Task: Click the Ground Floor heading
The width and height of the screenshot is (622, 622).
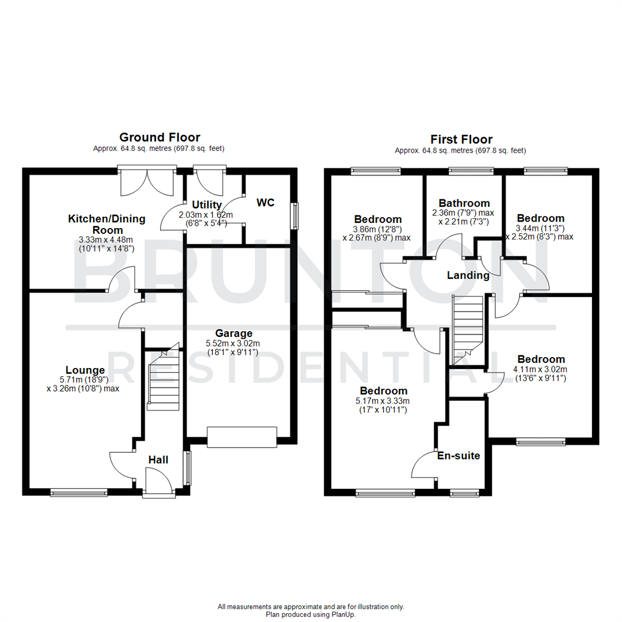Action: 160,137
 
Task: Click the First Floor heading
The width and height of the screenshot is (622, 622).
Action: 461,139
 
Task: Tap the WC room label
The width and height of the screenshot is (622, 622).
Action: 266,202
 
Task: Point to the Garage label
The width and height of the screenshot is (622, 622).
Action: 234,333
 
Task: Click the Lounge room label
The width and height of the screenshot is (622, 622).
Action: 85,370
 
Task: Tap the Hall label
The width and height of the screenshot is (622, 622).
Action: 158,460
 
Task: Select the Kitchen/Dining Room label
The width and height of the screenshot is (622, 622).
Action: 107,224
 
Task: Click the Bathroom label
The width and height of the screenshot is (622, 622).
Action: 464,203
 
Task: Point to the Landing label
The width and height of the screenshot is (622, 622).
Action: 468,275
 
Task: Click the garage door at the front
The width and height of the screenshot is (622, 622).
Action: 242,437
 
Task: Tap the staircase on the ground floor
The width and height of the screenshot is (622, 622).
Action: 164,380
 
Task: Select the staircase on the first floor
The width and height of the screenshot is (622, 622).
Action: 467,328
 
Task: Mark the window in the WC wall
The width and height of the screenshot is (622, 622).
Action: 296,216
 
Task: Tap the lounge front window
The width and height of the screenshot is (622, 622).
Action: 79,492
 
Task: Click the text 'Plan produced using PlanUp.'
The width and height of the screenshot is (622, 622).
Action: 311,615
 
